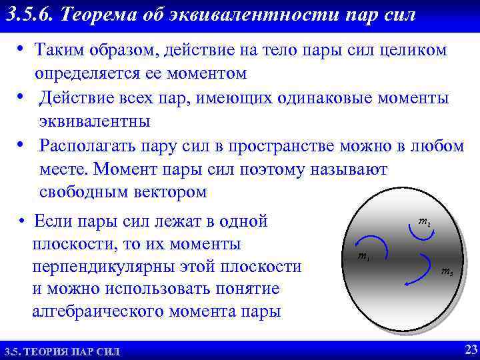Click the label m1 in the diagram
click(x=363, y=256)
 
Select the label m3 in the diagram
click(x=447, y=272)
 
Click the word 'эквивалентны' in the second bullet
click(x=94, y=121)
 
